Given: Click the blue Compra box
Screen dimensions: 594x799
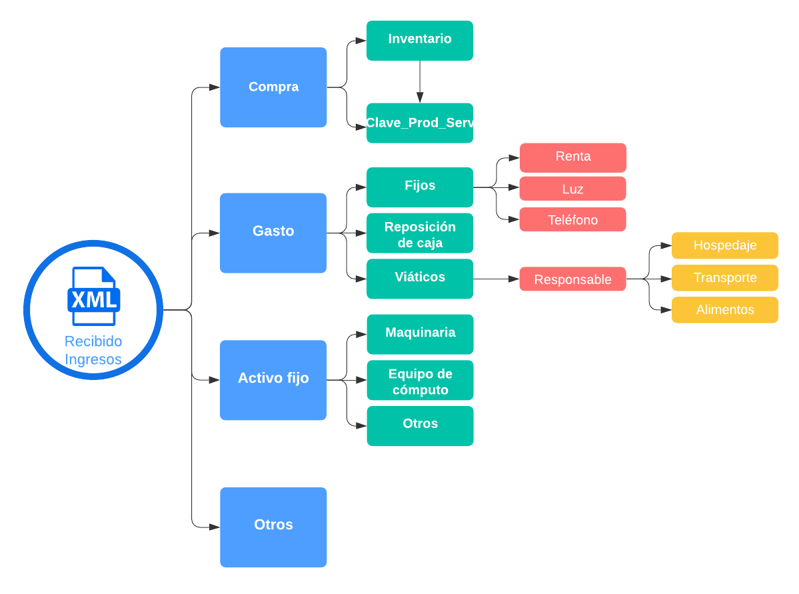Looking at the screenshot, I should tap(273, 87).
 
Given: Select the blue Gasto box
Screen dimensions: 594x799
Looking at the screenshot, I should tap(273, 233).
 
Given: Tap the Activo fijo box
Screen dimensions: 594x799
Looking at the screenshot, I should tap(273, 379).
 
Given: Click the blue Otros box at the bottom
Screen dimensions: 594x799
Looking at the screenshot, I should tap(273, 527).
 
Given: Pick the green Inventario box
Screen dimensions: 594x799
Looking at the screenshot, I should tap(420, 40).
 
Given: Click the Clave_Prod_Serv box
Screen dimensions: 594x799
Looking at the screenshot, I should tap(420, 123).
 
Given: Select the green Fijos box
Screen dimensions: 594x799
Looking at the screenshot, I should tap(420, 187).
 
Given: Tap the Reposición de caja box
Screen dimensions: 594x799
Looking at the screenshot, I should tap(420, 233).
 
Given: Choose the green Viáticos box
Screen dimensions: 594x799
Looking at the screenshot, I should tap(420, 278).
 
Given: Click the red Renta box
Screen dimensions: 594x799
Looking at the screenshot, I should tap(573, 157).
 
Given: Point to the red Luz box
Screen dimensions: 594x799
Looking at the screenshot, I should tap(573, 189).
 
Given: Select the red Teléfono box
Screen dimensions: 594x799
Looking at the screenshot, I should tap(573, 219).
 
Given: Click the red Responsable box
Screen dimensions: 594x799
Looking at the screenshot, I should tap(573, 279).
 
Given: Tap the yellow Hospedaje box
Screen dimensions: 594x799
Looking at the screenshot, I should tap(724, 245).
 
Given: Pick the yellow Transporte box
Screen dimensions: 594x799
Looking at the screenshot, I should tap(724, 277).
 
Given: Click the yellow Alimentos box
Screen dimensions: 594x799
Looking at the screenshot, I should tap(724, 309).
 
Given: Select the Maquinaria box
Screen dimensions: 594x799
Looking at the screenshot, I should tap(420, 334).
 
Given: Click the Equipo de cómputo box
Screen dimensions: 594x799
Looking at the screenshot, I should tap(420, 380).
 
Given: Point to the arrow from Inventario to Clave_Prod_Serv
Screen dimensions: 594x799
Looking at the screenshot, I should tap(420, 81).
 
